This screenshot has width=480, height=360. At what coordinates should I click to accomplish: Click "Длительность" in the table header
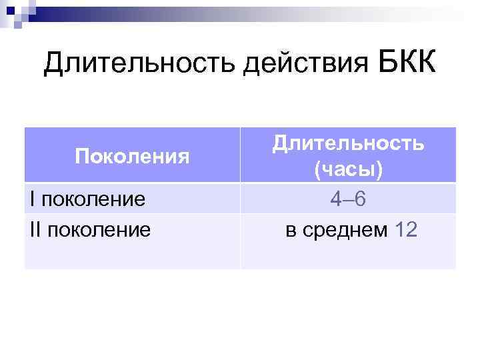coord(348,143)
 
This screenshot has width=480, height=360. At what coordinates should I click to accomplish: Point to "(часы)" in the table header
coord(348,171)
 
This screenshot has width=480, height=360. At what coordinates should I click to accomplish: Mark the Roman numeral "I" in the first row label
coord(32,198)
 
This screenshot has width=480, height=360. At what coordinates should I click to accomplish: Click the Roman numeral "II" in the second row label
coord(35,229)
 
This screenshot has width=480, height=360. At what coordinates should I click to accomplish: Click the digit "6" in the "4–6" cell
coord(360,199)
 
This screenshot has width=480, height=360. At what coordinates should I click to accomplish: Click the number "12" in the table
coord(405,230)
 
